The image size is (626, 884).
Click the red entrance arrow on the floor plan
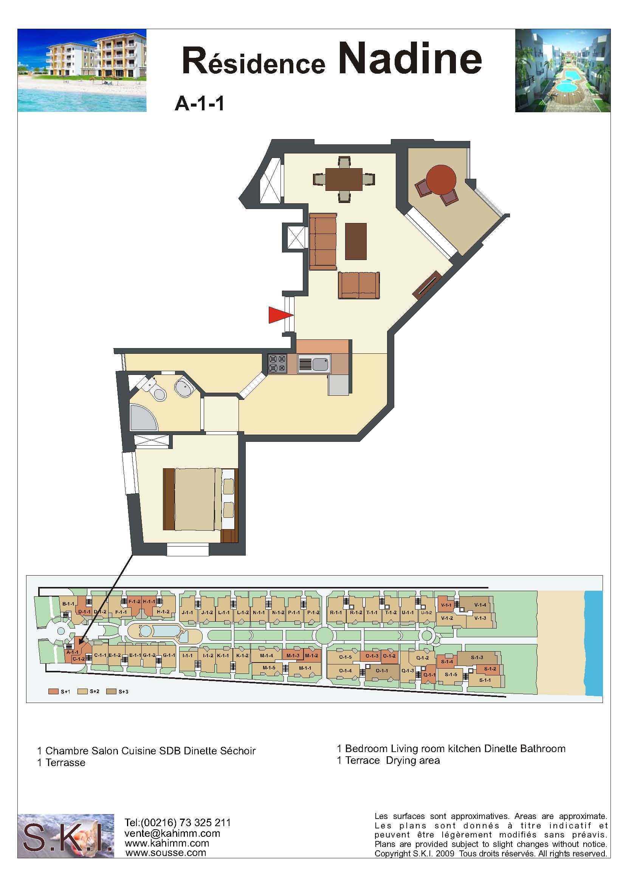279,315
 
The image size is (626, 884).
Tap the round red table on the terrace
442,180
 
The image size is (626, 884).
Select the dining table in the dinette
344,180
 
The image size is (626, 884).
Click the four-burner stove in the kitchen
277,364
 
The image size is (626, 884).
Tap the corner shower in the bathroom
143,417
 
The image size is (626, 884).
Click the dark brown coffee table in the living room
356,242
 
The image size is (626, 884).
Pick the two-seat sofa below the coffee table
359,285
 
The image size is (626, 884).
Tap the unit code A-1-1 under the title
199,104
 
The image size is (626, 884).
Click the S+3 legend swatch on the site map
111,691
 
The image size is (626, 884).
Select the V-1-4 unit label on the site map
480,605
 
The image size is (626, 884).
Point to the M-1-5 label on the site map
269,667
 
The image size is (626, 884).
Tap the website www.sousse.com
166,852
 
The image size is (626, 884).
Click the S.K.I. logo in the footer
66,836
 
